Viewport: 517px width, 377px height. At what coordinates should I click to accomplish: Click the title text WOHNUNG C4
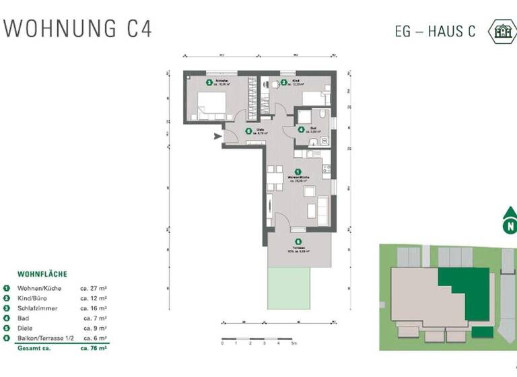pyautogui.click(x=78, y=29)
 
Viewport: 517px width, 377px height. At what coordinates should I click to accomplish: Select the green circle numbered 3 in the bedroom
pyautogui.click(x=209, y=83)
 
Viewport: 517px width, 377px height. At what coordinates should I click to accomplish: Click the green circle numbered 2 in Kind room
pyautogui.click(x=284, y=83)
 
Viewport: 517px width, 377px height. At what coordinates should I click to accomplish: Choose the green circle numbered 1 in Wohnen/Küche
pyautogui.click(x=298, y=173)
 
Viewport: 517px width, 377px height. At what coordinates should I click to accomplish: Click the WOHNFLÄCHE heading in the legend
pyautogui.click(x=42, y=275)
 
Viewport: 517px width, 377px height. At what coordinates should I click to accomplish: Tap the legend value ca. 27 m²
pyautogui.click(x=94, y=288)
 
